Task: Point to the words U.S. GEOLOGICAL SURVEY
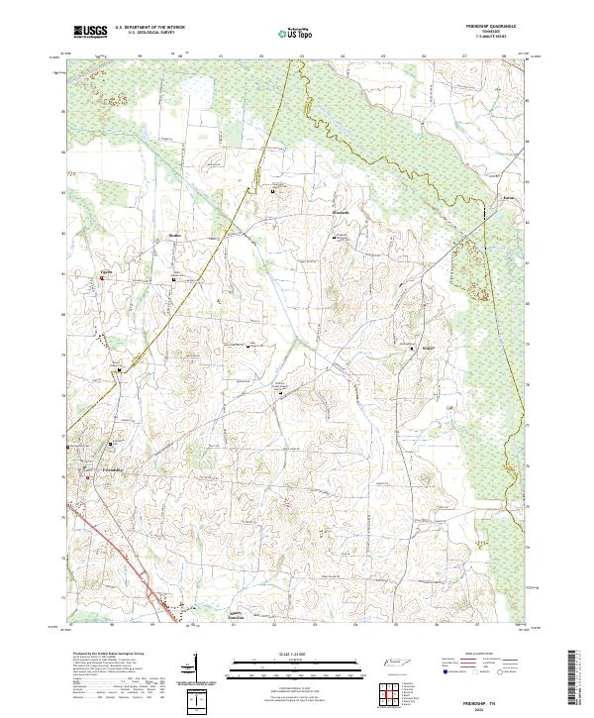tap(145, 33)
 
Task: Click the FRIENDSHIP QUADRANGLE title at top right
tap(502, 28)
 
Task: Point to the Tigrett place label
tap(108, 268)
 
